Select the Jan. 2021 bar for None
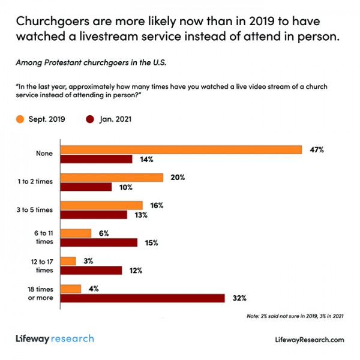click(97, 160)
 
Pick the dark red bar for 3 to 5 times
click(94, 215)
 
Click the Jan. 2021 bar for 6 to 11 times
click(99, 242)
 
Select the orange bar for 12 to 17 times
click(68, 261)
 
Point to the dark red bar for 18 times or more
click(143, 298)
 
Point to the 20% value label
click(176, 178)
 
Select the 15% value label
click(150, 242)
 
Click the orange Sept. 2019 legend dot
click(20, 119)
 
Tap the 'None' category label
click(44, 154)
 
